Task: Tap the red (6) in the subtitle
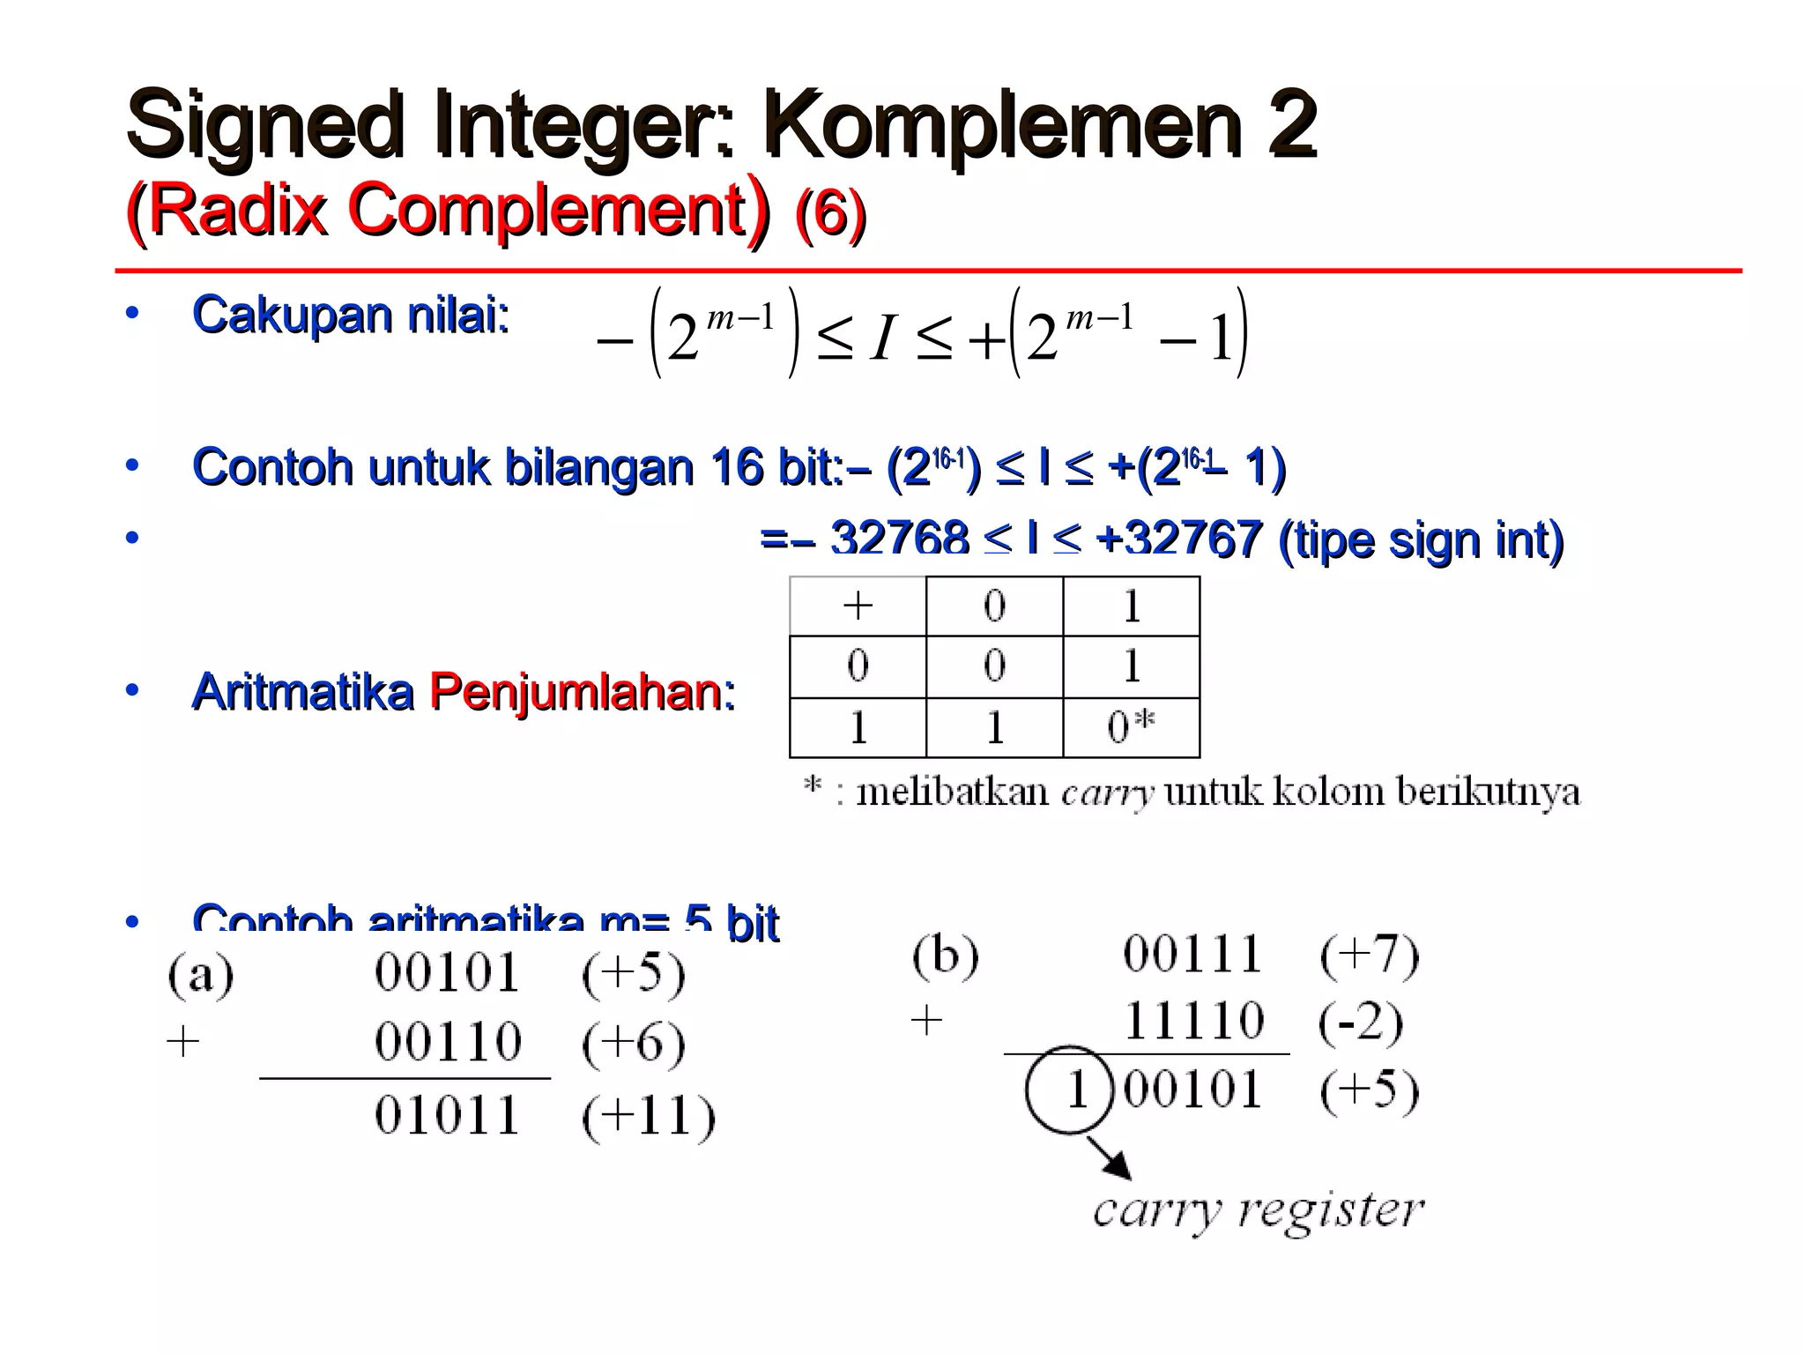830,212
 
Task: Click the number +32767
1178,539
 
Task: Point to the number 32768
899,539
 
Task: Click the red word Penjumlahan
581,691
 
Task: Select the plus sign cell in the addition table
858,606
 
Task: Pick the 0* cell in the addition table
1130,727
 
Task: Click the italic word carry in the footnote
1106,792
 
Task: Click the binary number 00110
448,1042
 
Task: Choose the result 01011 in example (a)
447,1115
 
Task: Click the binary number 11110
1194,1021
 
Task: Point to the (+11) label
648,1117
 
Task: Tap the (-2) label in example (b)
1360,1023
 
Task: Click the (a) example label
201,975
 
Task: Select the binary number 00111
1192,954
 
